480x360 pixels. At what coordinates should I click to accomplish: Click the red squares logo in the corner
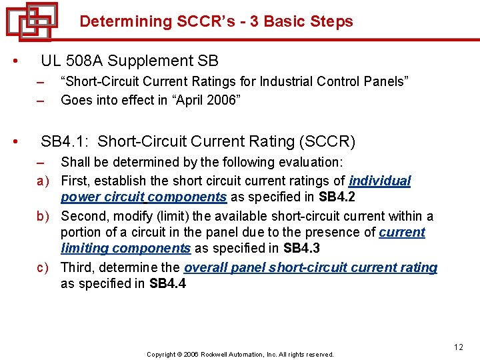click(32, 21)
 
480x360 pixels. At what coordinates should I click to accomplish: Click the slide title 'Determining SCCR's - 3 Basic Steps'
click(216, 21)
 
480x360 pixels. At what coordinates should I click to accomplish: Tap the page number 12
click(458, 347)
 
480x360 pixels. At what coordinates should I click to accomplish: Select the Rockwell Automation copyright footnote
click(240, 355)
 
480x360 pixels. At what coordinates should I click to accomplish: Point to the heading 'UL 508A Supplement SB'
click(129, 61)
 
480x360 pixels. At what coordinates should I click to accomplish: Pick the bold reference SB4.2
click(337, 197)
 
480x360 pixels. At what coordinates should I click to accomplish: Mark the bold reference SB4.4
click(168, 284)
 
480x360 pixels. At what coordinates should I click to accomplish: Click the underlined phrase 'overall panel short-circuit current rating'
click(311, 267)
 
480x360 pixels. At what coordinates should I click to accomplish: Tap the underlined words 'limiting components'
click(125, 248)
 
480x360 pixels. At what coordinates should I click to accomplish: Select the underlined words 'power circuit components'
click(143, 197)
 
